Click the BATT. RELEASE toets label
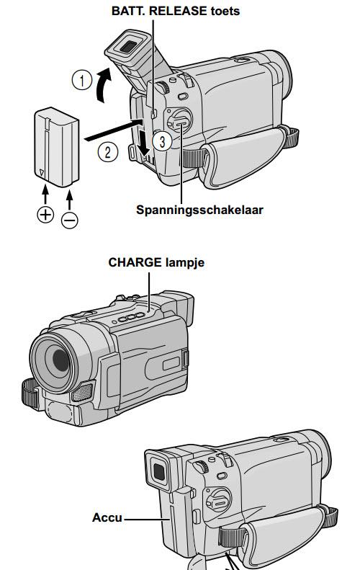pyautogui.click(x=176, y=11)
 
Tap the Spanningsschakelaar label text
pyautogui.click(x=199, y=210)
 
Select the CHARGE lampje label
pyautogui.click(x=156, y=262)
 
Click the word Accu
pyautogui.click(x=107, y=517)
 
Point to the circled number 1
pyautogui.click(x=82, y=80)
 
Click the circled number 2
pyautogui.click(x=108, y=151)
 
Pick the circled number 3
pyautogui.click(x=162, y=141)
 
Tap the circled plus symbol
pyautogui.click(x=45, y=214)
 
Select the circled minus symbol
pyautogui.click(x=69, y=221)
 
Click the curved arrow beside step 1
pyautogui.click(x=102, y=86)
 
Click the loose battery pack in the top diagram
pyautogui.click(x=57, y=147)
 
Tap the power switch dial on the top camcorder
pyautogui.click(x=179, y=120)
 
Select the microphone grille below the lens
pyautogui.click(x=83, y=392)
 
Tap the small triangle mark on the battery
pyautogui.click(x=42, y=173)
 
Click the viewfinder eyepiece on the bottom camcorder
pyautogui.click(x=158, y=471)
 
